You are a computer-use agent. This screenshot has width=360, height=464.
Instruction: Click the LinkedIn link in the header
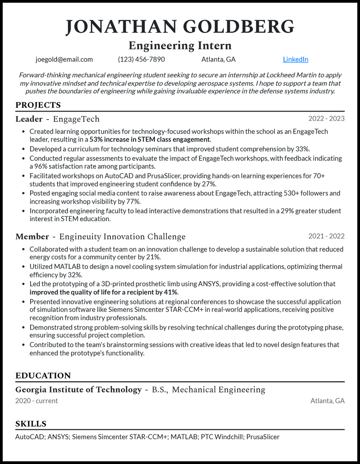(x=296, y=59)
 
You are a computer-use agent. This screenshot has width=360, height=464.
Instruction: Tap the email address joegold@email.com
(x=64, y=59)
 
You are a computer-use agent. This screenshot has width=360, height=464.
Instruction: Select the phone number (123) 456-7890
(x=141, y=59)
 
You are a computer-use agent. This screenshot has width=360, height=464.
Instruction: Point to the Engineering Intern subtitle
(x=180, y=45)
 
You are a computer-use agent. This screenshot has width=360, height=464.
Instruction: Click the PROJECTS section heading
(x=38, y=105)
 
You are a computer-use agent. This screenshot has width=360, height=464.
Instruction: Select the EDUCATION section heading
(x=43, y=375)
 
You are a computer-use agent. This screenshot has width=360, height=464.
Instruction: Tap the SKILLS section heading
(x=31, y=424)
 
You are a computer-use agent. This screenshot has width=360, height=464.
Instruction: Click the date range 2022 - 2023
(x=326, y=119)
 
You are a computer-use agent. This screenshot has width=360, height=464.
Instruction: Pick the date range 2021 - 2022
(x=326, y=236)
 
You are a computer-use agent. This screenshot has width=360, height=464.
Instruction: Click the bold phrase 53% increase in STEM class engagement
(x=149, y=139)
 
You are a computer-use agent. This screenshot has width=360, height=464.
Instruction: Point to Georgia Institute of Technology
(x=78, y=389)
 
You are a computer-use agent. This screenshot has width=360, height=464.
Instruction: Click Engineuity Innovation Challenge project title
(x=122, y=236)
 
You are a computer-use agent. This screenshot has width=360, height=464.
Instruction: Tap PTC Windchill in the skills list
(x=220, y=437)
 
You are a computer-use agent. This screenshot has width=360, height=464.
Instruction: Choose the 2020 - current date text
(x=36, y=401)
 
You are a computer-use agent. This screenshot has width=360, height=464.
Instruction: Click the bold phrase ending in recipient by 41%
(x=103, y=292)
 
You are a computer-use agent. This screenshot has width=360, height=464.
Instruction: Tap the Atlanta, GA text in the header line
(x=218, y=59)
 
